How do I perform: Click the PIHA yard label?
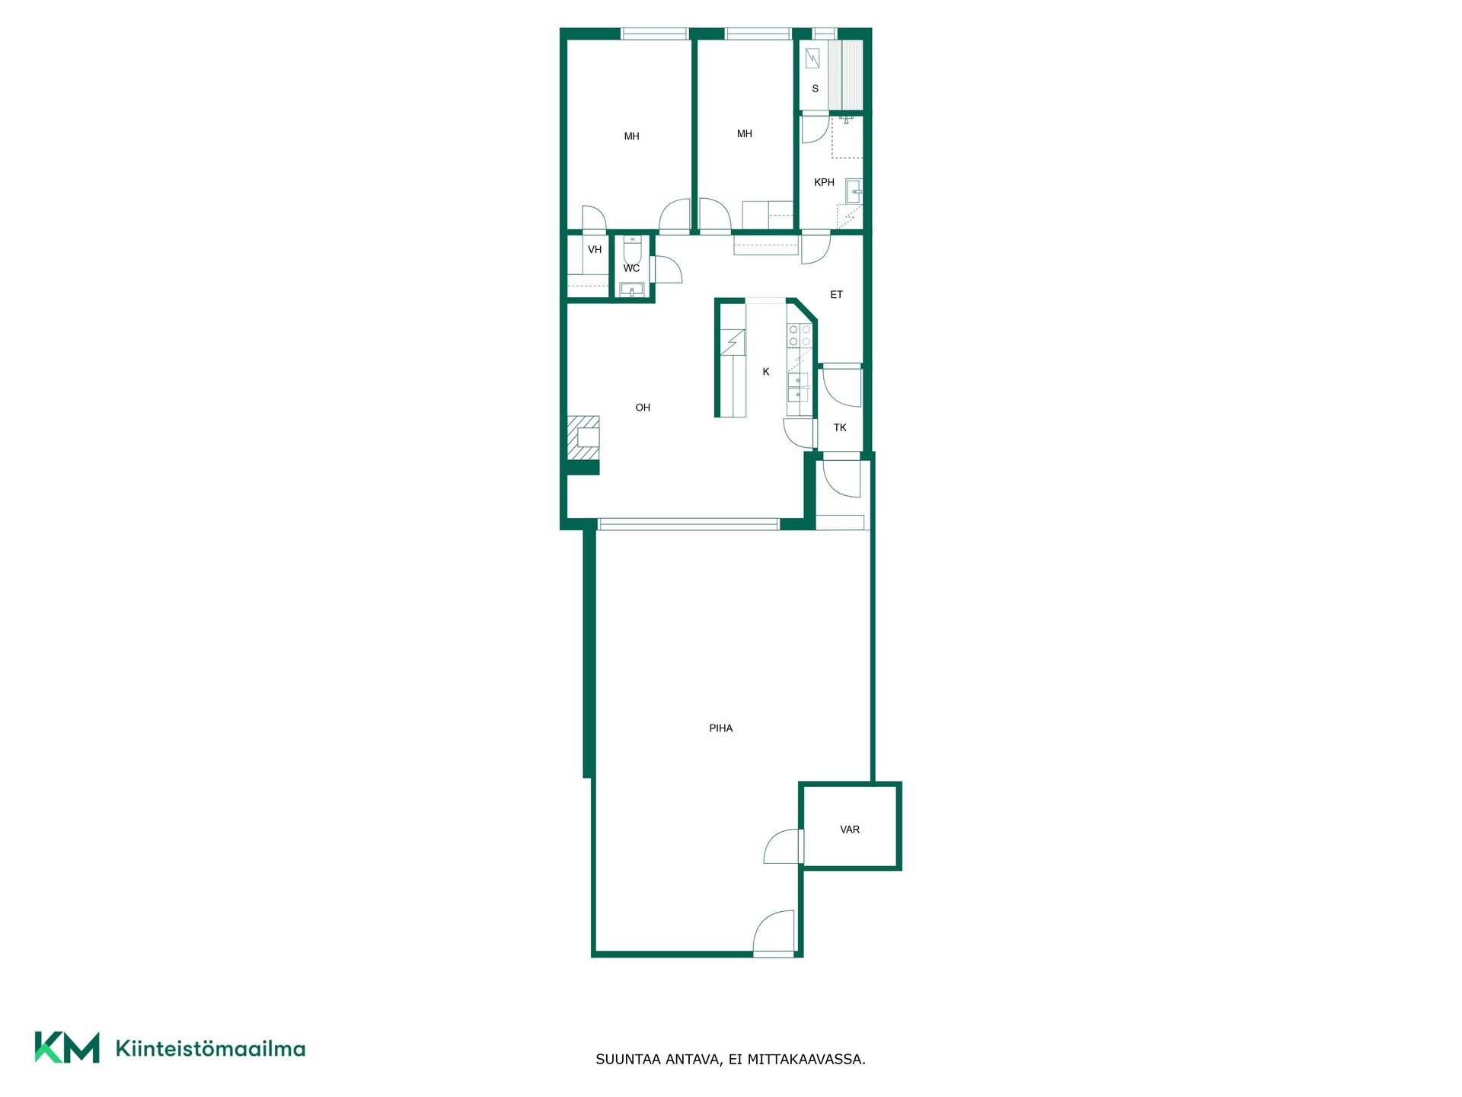[x=720, y=728]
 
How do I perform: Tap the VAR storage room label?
[x=850, y=830]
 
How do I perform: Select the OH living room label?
[x=643, y=408]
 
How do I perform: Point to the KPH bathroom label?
[x=824, y=182]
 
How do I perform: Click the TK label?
[x=840, y=427]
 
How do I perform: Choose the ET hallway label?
[x=836, y=294]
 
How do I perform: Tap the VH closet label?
[x=595, y=249]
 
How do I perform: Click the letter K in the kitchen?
[x=766, y=372]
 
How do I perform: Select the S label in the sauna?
[x=815, y=88]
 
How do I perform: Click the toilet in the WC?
[x=633, y=249]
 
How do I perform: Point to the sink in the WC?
[x=632, y=289]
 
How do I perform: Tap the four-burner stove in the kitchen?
[x=800, y=336]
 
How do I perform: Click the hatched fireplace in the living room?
[x=583, y=438]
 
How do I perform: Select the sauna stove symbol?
[x=812, y=58]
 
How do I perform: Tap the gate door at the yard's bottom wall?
[x=774, y=932]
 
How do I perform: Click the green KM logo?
[x=67, y=1047]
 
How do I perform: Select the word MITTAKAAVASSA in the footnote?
[x=806, y=1059]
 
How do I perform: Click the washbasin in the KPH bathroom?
[x=854, y=191]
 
